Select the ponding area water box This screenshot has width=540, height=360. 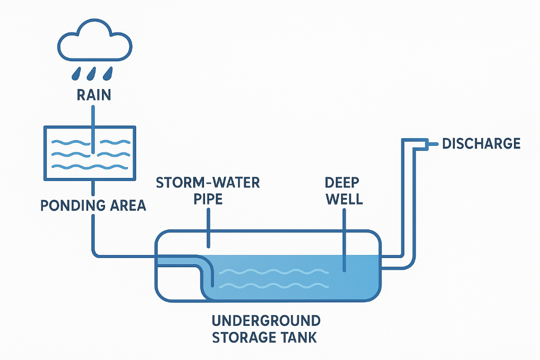click(x=90, y=152)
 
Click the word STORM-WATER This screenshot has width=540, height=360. click(x=208, y=182)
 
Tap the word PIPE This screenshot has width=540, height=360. click(x=208, y=198)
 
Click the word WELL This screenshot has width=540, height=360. click(x=344, y=198)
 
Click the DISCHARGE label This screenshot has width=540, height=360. click(x=481, y=144)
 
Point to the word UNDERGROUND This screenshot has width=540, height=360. click(x=266, y=321)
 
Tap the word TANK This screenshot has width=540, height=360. click(x=300, y=337)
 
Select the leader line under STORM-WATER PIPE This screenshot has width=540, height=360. click(x=208, y=229)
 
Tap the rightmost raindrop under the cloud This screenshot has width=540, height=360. click(x=108, y=74)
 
